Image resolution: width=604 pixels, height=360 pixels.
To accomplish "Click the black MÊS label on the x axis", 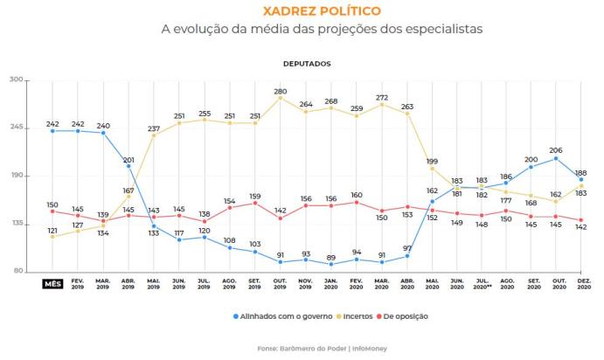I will click(x=52, y=284).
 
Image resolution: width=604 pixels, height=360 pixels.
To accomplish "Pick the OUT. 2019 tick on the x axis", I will click(x=281, y=287).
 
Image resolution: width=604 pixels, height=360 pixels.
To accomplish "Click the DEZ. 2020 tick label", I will click(x=581, y=287).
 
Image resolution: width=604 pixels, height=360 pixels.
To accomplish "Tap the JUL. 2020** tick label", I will click(x=481, y=287).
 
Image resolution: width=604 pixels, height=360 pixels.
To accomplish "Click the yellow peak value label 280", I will click(x=281, y=91).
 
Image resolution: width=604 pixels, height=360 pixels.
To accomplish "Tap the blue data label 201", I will click(x=128, y=160).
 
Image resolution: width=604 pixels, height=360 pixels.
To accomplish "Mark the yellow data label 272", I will click(x=382, y=97).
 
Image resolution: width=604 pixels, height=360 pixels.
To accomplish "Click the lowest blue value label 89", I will click(x=331, y=258).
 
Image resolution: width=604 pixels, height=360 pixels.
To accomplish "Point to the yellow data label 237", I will click(x=154, y=128).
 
